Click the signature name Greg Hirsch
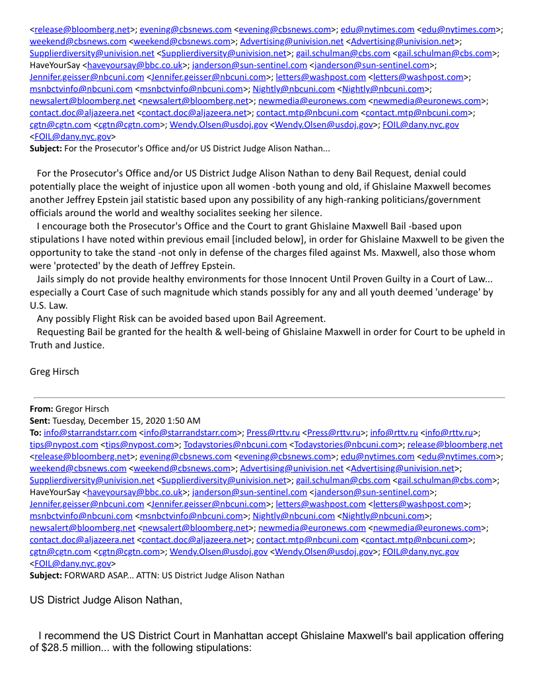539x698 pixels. click(54, 371)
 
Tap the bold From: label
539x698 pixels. click(41, 408)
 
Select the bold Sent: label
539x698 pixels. click(40, 420)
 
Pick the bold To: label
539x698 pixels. click(36, 432)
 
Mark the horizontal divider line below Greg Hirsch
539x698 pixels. click(268, 397)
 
